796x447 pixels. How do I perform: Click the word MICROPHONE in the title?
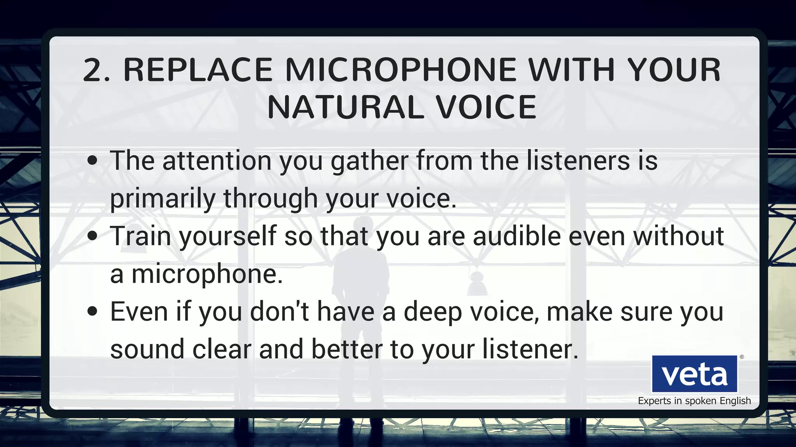click(x=401, y=70)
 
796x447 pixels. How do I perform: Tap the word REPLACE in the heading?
click(x=198, y=70)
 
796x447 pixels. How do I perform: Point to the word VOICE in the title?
click(x=486, y=108)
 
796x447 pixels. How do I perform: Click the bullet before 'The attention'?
click(x=92, y=161)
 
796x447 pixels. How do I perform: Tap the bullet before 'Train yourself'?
click(x=92, y=236)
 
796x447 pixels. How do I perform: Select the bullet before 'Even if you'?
click(x=92, y=311)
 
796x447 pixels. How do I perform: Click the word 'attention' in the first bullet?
click(x=216, y=161)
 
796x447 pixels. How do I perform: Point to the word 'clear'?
click(x=222, y=349)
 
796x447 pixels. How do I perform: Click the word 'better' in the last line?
click(x=347, y=349)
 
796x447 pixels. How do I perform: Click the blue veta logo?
click(x=695, y=374)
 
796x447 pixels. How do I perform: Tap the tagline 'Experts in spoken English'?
click(x=694, y=401)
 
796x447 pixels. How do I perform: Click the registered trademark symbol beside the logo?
click(x=742, y=357)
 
